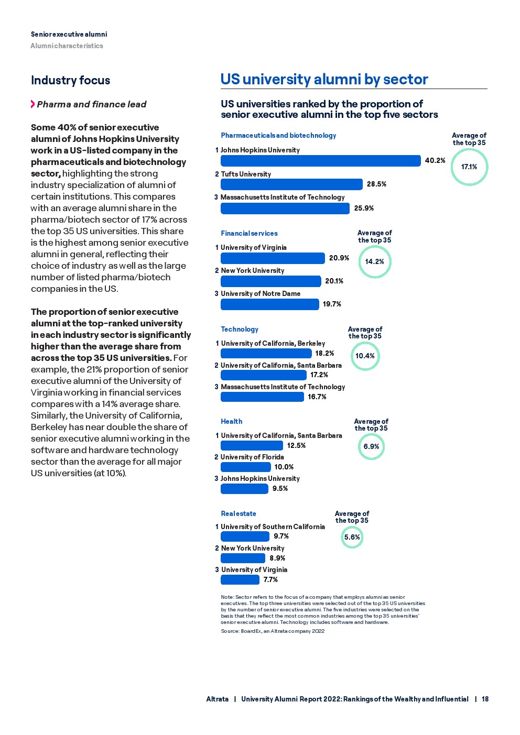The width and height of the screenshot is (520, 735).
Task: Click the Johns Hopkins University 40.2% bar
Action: point(320,161)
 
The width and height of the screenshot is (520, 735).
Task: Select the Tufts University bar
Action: point(291,184)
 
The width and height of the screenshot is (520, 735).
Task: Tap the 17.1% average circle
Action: point(469,167)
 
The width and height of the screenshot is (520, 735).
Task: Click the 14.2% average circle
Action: point(375,261)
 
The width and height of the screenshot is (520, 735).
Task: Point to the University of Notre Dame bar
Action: point(269,304)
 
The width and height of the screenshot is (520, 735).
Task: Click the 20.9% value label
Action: point(339,258)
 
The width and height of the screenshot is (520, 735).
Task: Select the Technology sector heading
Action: point(240,330)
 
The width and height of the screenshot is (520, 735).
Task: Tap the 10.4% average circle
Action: point(365,356)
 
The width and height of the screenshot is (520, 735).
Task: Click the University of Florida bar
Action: point(245,467)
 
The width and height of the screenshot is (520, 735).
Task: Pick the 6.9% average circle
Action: point(371,447)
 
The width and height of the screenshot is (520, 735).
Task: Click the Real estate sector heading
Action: point(239,514)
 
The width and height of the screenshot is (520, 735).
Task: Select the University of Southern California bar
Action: point(245,536)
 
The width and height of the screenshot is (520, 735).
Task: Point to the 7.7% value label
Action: point(270,580)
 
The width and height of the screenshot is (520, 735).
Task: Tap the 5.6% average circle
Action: point(352,537)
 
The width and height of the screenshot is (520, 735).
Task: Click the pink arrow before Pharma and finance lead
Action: point(32,104)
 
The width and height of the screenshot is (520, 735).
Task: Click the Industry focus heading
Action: point(71,81)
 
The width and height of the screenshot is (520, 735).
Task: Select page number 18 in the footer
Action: point(485,699)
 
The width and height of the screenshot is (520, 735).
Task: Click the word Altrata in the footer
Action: point(217,699)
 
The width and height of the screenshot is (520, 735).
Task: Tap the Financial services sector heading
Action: point(249,234)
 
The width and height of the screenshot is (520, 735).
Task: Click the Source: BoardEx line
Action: point(273,631)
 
